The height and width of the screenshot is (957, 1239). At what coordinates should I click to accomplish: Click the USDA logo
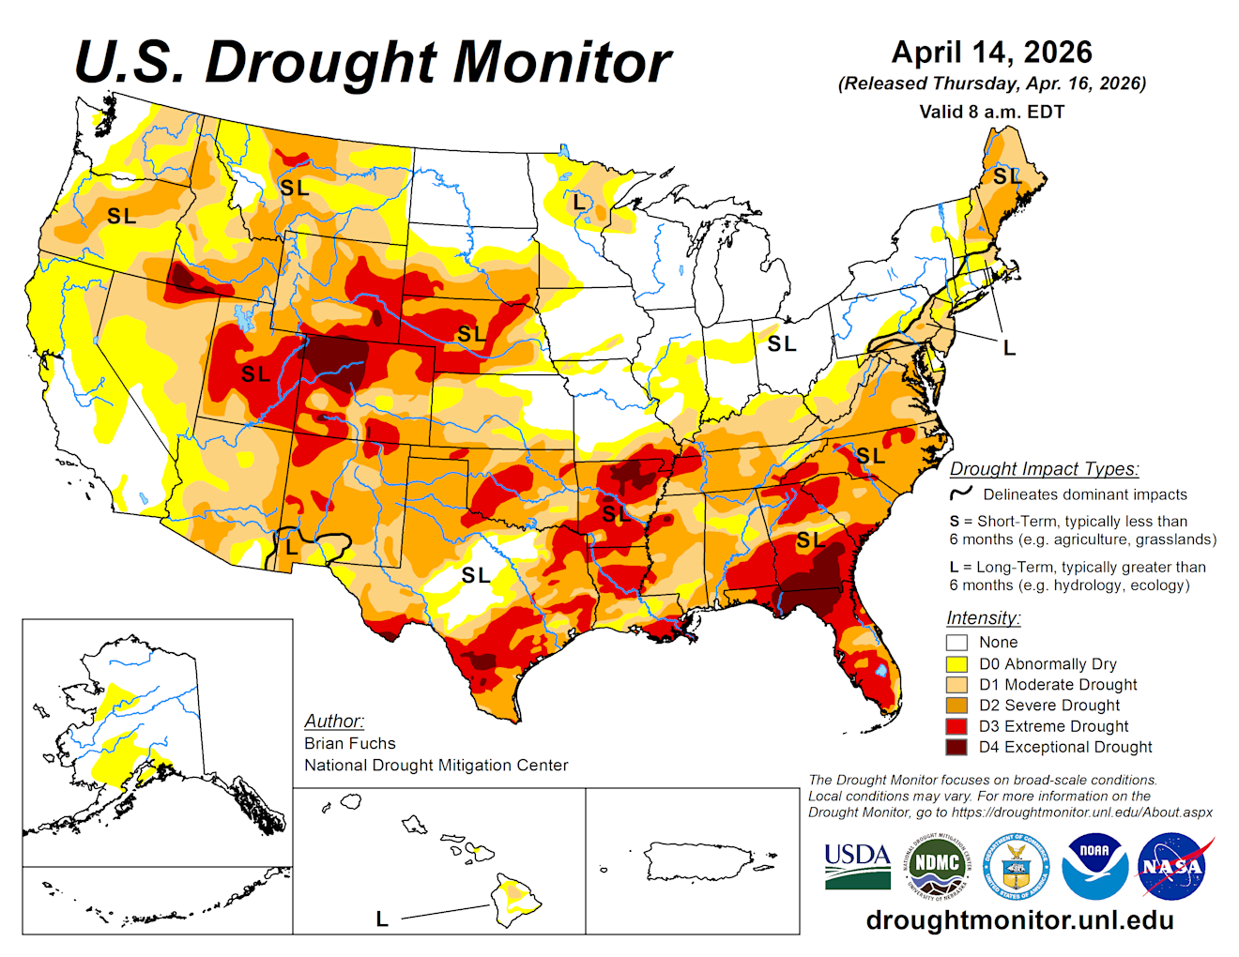point(857,865)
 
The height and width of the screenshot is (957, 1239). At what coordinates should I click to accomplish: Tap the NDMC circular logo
point(936,865)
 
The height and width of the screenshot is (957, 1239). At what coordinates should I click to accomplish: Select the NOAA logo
point(1094,865)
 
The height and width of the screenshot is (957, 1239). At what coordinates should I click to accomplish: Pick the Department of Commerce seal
point(1015,866)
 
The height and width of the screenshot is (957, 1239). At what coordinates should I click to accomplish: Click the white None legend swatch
point(956,643)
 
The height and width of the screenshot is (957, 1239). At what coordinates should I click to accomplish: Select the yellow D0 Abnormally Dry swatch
point(956,664)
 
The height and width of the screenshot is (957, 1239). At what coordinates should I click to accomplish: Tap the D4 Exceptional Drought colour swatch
point(956,748)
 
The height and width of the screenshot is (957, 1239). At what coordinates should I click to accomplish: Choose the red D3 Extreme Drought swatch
point(956,726)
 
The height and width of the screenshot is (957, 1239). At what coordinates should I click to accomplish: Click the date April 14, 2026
point(991,52)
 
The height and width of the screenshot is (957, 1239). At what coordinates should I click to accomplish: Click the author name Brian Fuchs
point(350,743)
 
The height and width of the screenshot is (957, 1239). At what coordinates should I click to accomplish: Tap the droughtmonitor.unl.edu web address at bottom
point(1019,919)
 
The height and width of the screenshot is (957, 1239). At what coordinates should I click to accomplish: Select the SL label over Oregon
point(121,217)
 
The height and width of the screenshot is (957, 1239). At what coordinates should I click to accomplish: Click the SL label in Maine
point(1006,175)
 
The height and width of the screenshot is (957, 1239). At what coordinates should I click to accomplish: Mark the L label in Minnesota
point(578,202)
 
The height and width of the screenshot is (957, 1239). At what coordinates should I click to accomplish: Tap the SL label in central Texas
point(476,575)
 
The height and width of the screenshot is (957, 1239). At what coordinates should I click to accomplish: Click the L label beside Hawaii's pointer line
point(382,919)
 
